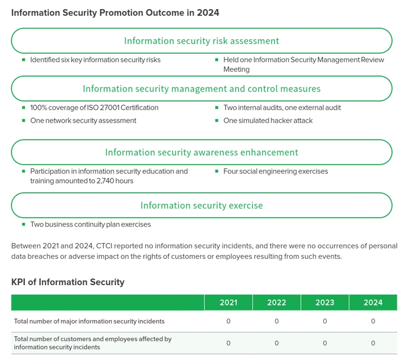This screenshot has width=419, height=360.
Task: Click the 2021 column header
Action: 228,302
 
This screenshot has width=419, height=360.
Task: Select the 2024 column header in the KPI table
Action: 373,302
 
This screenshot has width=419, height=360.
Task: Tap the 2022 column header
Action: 277,302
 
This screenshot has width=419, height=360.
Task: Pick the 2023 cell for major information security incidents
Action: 325,321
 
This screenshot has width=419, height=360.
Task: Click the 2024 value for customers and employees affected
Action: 373,343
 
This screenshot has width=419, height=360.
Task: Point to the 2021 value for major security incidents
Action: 228,321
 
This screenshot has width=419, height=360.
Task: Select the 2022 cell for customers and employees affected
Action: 277,343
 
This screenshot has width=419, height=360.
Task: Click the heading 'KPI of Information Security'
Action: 68,282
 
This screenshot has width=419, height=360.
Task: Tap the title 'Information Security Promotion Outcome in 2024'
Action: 115,12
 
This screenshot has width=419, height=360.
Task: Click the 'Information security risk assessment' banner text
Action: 202,41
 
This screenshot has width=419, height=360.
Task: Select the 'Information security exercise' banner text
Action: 202,206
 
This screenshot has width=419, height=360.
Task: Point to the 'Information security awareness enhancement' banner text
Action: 202,152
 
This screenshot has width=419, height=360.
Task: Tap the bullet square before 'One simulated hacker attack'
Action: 217,121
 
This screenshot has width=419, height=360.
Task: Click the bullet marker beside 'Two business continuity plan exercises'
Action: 23,224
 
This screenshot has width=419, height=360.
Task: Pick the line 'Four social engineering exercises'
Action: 275,172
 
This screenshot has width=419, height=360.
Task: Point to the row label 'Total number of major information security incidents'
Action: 89,321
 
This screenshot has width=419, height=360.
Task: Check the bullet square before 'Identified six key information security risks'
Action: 23,60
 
